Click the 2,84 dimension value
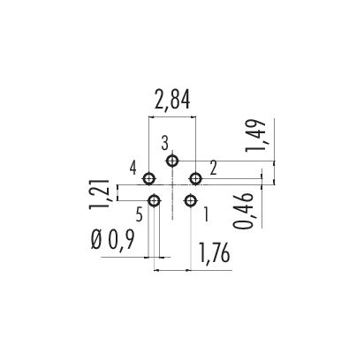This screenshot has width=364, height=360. [172, 100]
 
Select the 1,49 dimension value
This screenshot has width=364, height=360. [255, 136]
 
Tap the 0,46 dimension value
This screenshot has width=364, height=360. [244, 211]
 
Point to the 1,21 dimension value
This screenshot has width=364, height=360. [100, 194]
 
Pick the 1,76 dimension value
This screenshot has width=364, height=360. [215, 253]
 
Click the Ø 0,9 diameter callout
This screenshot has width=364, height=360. [113, 239]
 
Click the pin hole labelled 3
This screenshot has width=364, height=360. [172, 161]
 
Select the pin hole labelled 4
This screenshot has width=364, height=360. [149, 178]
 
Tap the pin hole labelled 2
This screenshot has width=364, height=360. [195, 178]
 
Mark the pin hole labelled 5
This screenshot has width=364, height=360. [155, 201]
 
